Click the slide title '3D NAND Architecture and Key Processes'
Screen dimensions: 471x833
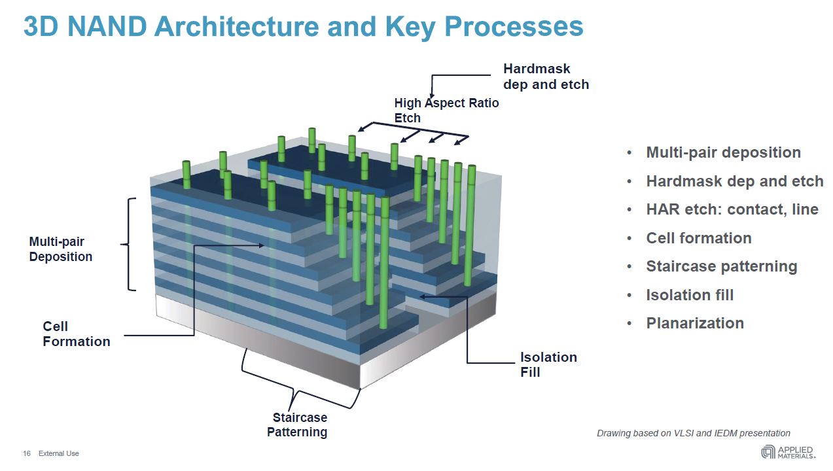pyautogui.click(x=303, y=26)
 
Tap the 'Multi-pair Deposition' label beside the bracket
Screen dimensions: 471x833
pyautogui.click(x=60, y=249)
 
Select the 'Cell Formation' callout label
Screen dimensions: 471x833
pyautogui.click(x=76, y=334)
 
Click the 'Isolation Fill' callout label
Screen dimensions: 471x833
pyautogui.click(x=548, y=364)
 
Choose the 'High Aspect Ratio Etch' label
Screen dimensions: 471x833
pyautogui.click(x=446, y=110)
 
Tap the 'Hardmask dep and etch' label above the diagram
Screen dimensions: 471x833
pyautogui.click(x=546, y=77)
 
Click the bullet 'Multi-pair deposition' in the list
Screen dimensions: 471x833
pyautogui.click(x=723, y=152)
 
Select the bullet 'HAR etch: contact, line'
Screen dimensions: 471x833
pyautogui.click(x=732, y=209)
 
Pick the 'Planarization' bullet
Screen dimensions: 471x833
pyautogui.click(x=694, y=323)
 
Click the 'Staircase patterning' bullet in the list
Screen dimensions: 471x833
pyautogui.click(x=721, y=266)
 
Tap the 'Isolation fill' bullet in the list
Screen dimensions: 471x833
pyautogui.click(x=690, y=295)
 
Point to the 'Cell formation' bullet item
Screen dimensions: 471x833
pyautogui.click(x=698, y=238)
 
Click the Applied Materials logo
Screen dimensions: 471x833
pyautogui.click(x=787, y=452)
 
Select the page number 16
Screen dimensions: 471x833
pyautogui.click(x=27, y=453)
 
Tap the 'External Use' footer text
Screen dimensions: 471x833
pyautogui.click(x=58, y=453)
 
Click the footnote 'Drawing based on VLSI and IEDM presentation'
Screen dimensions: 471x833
pyautogui.click(x=693, y=433)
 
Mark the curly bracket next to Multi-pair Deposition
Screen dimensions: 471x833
pyautogui.click(x=129, y=244)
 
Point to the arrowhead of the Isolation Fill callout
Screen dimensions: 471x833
pyautogui.click(x=422, y=296)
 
